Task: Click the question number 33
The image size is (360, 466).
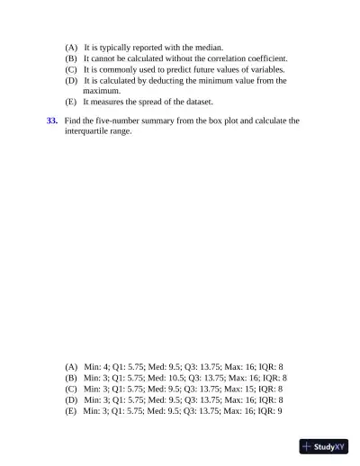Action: pos(52,120)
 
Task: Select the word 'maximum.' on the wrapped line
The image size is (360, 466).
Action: pos(103,91)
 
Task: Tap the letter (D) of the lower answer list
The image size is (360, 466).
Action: pos(71,399)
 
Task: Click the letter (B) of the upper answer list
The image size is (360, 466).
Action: pos(71,58)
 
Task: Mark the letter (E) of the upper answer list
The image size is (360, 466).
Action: pos(71,102)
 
